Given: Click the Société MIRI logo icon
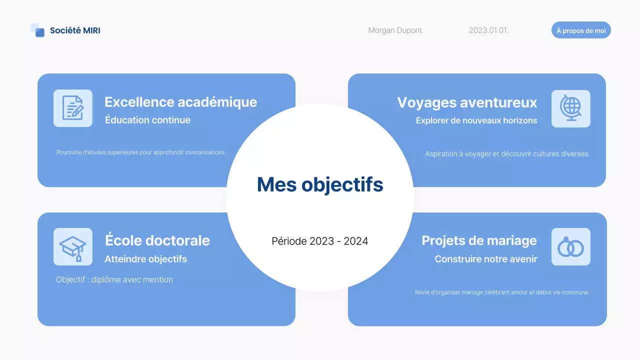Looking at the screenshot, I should coord(37,30).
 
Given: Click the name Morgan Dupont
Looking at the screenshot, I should coord(395,30).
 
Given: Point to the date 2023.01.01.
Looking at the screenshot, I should coord(488,30).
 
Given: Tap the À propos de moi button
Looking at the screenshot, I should coord(581,30).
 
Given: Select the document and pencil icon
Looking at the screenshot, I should coord(73,108).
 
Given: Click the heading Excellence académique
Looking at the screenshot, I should coord(180,102).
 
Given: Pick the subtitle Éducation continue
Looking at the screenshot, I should coord(147,120).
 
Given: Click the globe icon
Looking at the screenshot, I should coord(570,108).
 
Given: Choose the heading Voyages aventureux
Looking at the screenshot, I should coord(467,102).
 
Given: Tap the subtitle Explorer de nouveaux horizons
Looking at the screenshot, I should coord(476,120).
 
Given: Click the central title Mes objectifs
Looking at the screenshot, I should coord(320,184).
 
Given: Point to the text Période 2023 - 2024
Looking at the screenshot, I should coord(320,241).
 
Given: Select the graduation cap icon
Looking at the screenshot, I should coord(73,247).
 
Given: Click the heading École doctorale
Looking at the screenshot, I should coord(157,240).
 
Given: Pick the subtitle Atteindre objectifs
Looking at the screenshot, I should coord(145,259).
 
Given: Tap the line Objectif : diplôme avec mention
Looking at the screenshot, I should coord(114,279).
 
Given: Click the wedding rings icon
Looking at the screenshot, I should coord(570,247).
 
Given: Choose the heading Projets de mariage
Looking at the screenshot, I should coord(479,240).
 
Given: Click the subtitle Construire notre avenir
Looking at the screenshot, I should coord(486,259).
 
